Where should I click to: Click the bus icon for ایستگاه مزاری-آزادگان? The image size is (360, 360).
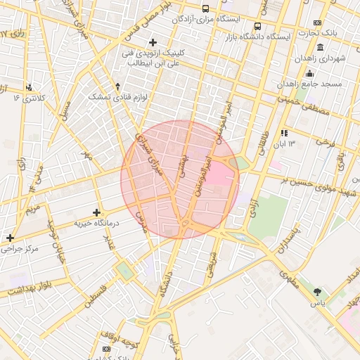pyautogui.click(x=205, y=9)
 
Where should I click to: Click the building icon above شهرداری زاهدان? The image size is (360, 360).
pyautogui.click(x=321, y=48)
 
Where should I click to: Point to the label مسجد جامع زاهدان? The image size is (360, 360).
pyautogui.click(x=309, y=83)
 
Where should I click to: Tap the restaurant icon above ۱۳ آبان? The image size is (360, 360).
pyautogui.click(x=284, y=132)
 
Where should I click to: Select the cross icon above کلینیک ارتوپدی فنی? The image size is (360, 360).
pyautogui.click(x=152, y=42)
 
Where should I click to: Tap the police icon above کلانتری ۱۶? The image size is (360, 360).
pyautogui.click(x=29, y=87)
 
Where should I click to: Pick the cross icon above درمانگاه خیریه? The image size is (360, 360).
pyautogui.click(x=97, y=212)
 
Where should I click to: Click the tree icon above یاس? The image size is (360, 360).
pyautogui.click(x=319, y=291)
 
